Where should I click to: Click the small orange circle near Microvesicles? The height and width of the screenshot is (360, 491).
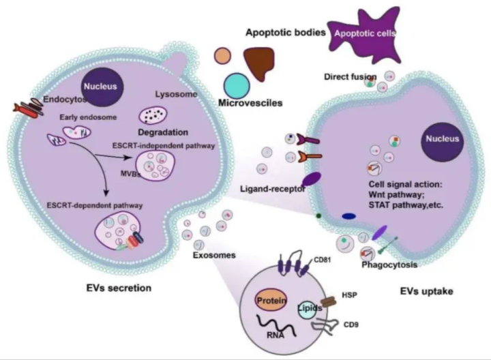[222, 56]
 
